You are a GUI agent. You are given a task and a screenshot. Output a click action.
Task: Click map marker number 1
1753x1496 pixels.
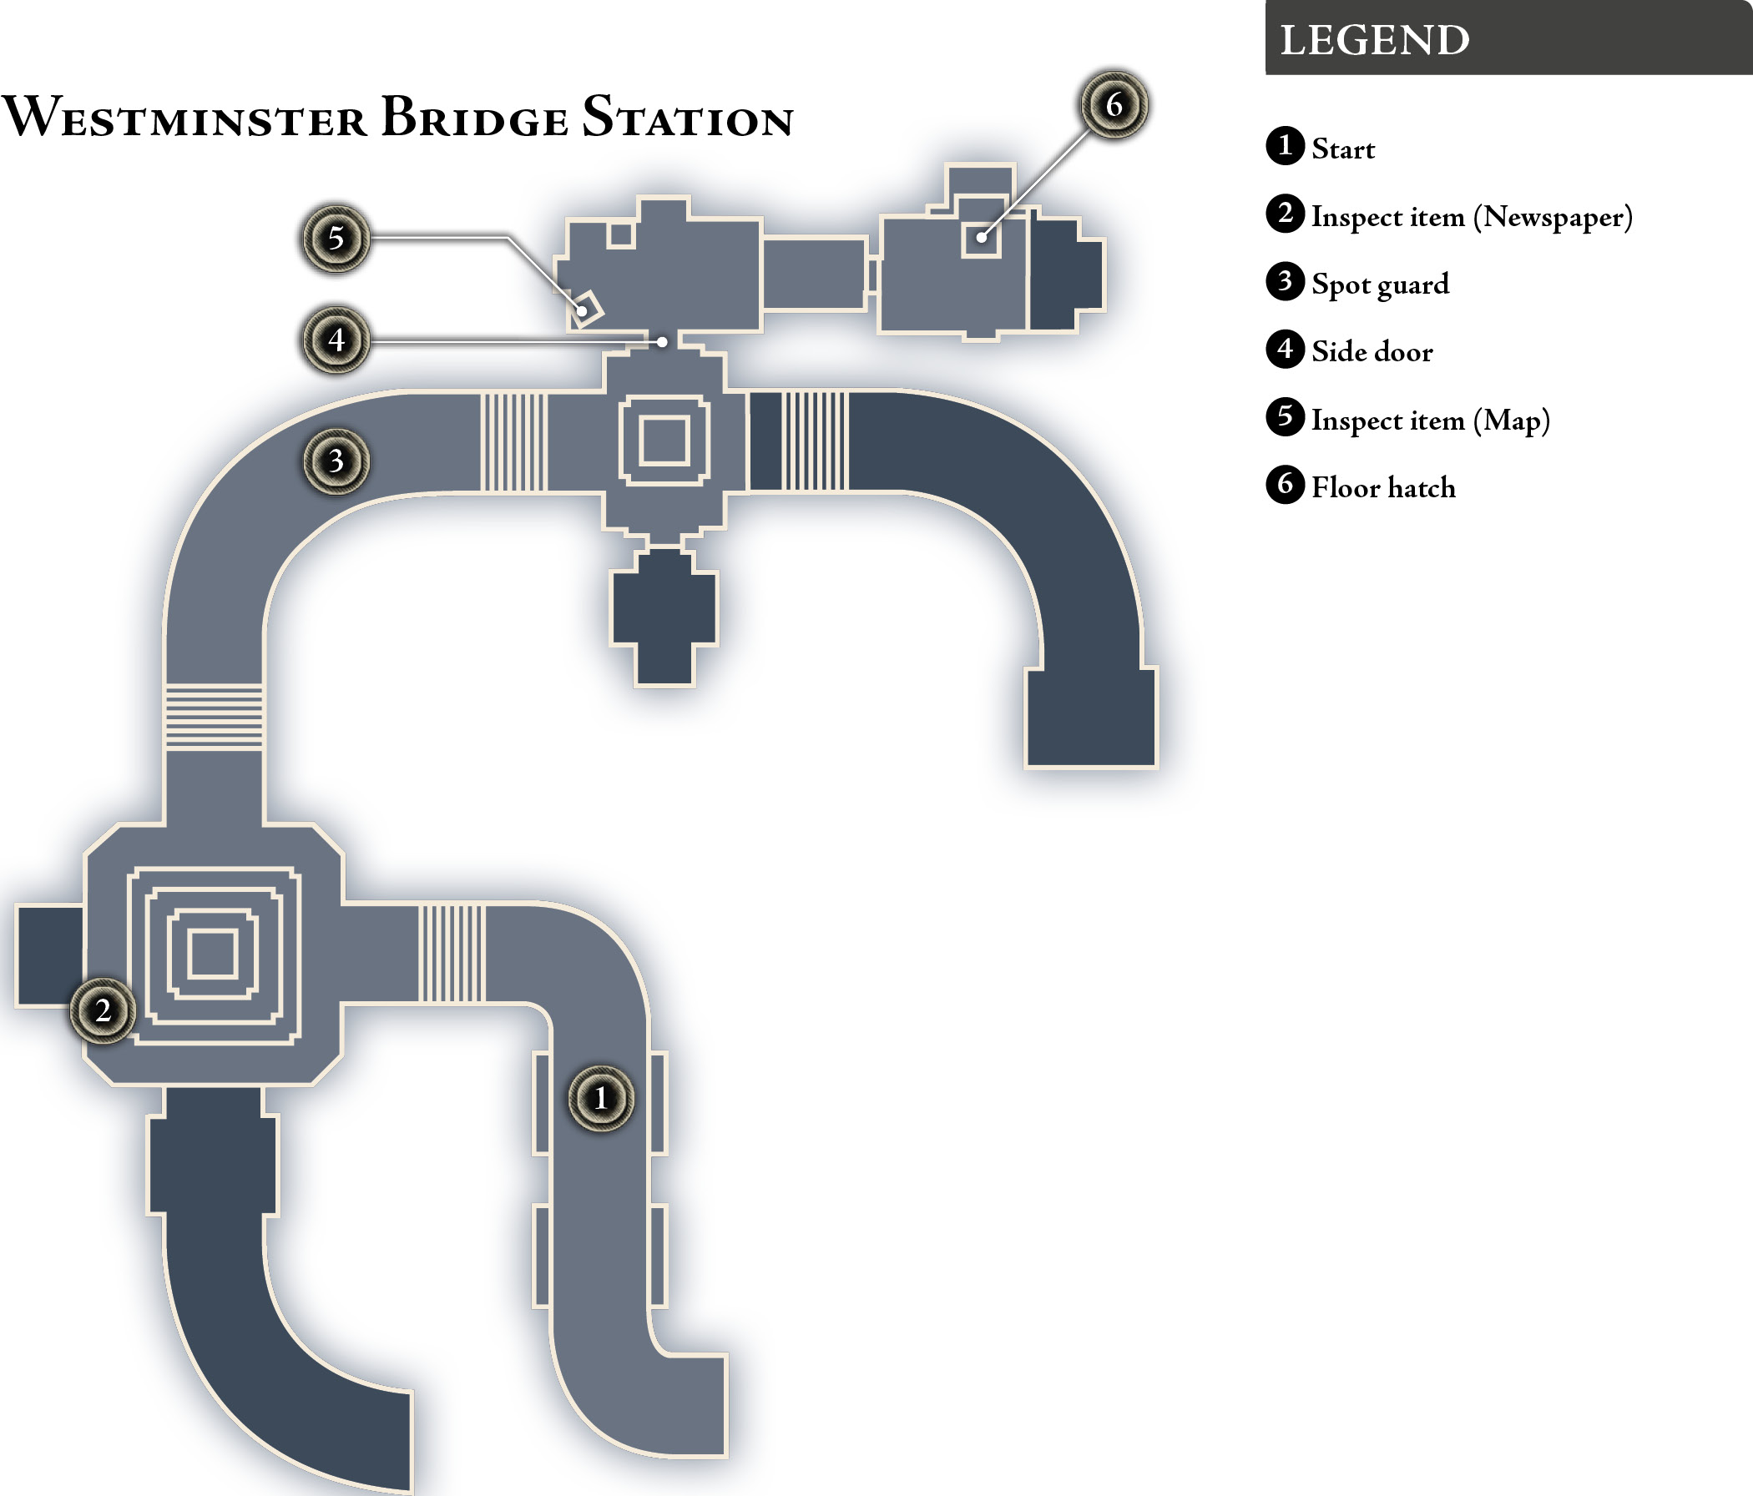(x=601, y=1098)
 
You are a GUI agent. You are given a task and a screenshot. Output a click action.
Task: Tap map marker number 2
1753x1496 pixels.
(x=103, y=1010)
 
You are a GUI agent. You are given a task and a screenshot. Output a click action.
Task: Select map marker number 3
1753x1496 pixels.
(x=336, y=461)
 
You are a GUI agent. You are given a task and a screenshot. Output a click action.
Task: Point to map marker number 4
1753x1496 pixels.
(x=336, y=340)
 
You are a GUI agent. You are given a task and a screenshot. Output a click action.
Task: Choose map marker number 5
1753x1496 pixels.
(x=336, y=238)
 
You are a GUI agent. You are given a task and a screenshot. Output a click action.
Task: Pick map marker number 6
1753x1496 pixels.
(x=1114, y=105)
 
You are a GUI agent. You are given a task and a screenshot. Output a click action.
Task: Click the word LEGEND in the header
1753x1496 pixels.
(x=1375, y=40)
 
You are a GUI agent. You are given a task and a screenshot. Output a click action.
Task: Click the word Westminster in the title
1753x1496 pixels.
(x=185, y=116)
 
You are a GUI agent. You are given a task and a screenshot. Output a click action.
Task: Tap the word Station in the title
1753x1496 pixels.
(x=688, y=116)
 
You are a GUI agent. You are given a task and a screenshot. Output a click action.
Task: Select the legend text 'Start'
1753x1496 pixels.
(x=1342, y=149)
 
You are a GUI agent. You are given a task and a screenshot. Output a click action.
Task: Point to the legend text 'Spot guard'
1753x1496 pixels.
(x=1380, y=285)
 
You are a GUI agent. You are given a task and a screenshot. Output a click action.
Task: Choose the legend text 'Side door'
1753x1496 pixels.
(x=1372, y=351)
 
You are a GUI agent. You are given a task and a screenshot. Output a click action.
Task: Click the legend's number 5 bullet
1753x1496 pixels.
(x=1286, y=417)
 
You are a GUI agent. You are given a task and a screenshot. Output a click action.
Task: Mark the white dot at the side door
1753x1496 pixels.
(x=663, y=341)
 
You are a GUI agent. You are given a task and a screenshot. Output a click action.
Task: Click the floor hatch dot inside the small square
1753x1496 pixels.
(x=981, y=238)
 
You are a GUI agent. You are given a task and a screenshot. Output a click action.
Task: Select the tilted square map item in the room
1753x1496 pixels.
(x=585, y=308)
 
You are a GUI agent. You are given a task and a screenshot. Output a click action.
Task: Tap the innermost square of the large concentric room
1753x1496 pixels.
(x=212, y=953)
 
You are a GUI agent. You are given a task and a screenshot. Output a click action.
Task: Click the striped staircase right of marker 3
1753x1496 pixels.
(x=513, y=441)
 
